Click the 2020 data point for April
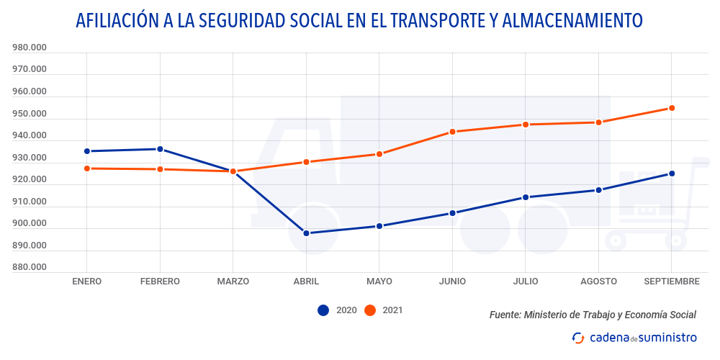tap(306, 233)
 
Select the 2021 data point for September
tap(672, 108)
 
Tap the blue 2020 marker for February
tap(160, 149)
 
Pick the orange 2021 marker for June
tap(453, 132)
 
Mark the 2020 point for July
tap(526, 197)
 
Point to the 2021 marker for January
tap(86, 168)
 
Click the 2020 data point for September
tap(672, 174)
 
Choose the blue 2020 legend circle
tap(323, 310)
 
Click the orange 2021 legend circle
tap(370, 310)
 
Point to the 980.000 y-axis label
tap(30, 48)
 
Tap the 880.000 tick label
tap(30, 267)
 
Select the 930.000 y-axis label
tap(30, 158)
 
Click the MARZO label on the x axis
tap(233, 282)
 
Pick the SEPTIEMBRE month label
tap(670, 282)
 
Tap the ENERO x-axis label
tap(86, 282)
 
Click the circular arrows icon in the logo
tap(578, 338)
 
